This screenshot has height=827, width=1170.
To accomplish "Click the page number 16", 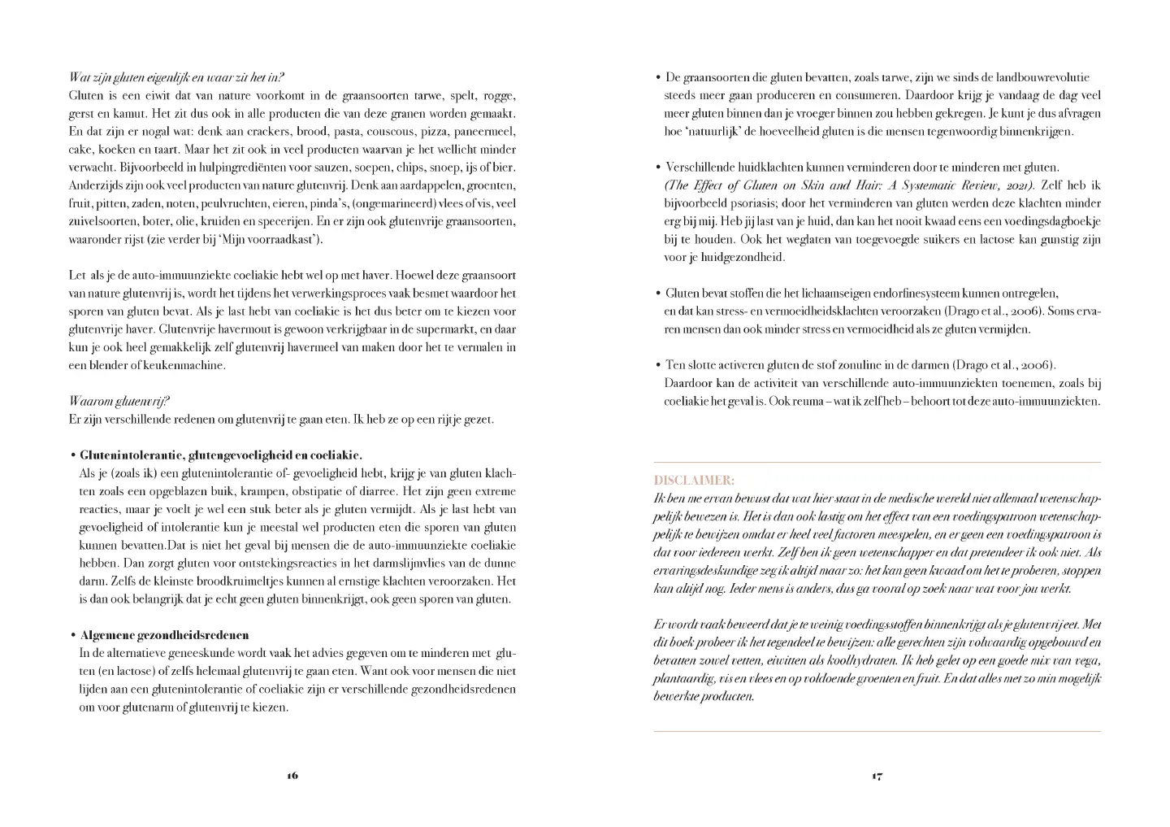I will coord(292,775).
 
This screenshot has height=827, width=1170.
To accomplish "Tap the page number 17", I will coord(877,775).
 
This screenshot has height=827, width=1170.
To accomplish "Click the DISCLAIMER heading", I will coord(682,481).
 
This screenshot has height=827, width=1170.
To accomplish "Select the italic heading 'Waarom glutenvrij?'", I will coord(119,402).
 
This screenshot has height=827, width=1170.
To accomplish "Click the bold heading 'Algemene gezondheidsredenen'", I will coord(164,635).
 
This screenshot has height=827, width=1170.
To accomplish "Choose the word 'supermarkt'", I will coord(437,329).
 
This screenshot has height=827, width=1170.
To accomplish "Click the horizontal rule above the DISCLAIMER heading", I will coord(877,463).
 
